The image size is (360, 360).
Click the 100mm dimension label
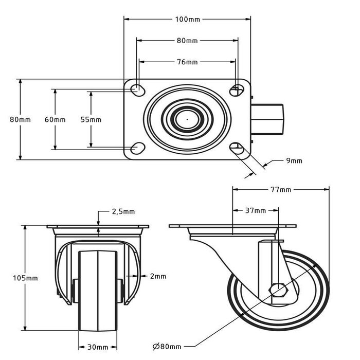pos(188,20)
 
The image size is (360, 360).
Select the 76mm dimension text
pos(188,62)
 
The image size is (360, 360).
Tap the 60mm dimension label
pos(55,119)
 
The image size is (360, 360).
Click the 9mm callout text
pos(294,160)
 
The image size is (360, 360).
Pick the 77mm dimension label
pos(281,190)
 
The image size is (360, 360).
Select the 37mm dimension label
pos(256,210)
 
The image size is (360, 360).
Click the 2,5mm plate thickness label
pos(123,211)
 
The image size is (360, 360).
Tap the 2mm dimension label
pos(158,276)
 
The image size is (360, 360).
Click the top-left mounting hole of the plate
pos(137,89)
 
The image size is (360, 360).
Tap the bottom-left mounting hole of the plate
pos(137,149)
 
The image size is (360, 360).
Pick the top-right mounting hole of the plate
pos(237,89)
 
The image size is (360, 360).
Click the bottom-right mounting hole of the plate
pos(237,149)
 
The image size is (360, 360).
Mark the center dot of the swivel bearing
pos(187,119)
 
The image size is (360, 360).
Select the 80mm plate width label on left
pos(21,119)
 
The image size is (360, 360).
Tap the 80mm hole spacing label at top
pos(188,40)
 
